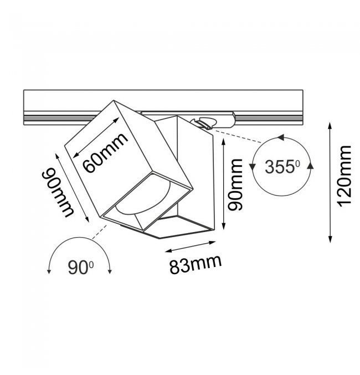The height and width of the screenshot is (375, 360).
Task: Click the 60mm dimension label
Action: click(105, 152)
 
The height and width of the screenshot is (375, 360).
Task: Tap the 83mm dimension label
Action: click(196, 264)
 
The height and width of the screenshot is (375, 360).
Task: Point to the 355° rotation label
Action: click(282, 167)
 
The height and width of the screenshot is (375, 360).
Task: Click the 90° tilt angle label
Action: click(80, 268)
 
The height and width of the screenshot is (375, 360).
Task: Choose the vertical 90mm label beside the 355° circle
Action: click(235, 185)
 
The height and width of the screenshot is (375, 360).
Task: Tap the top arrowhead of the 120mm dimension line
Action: click(330, 125)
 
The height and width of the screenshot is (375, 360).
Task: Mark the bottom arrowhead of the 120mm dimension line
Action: click(330, 240)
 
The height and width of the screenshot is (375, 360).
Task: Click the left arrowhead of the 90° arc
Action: click(49, 271)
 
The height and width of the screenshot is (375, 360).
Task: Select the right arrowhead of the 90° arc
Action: click(110, 271)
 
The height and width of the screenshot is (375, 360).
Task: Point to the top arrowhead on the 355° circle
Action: click(280, 137)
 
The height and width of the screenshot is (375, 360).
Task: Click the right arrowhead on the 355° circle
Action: click(310, 166)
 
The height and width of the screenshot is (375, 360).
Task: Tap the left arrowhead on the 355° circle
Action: click(252, 167)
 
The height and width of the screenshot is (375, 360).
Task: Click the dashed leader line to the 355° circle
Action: click(238, 137)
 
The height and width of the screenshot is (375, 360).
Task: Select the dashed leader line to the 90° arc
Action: click(100, 232)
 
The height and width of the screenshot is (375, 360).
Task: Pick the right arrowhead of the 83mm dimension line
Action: click(213, 243)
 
